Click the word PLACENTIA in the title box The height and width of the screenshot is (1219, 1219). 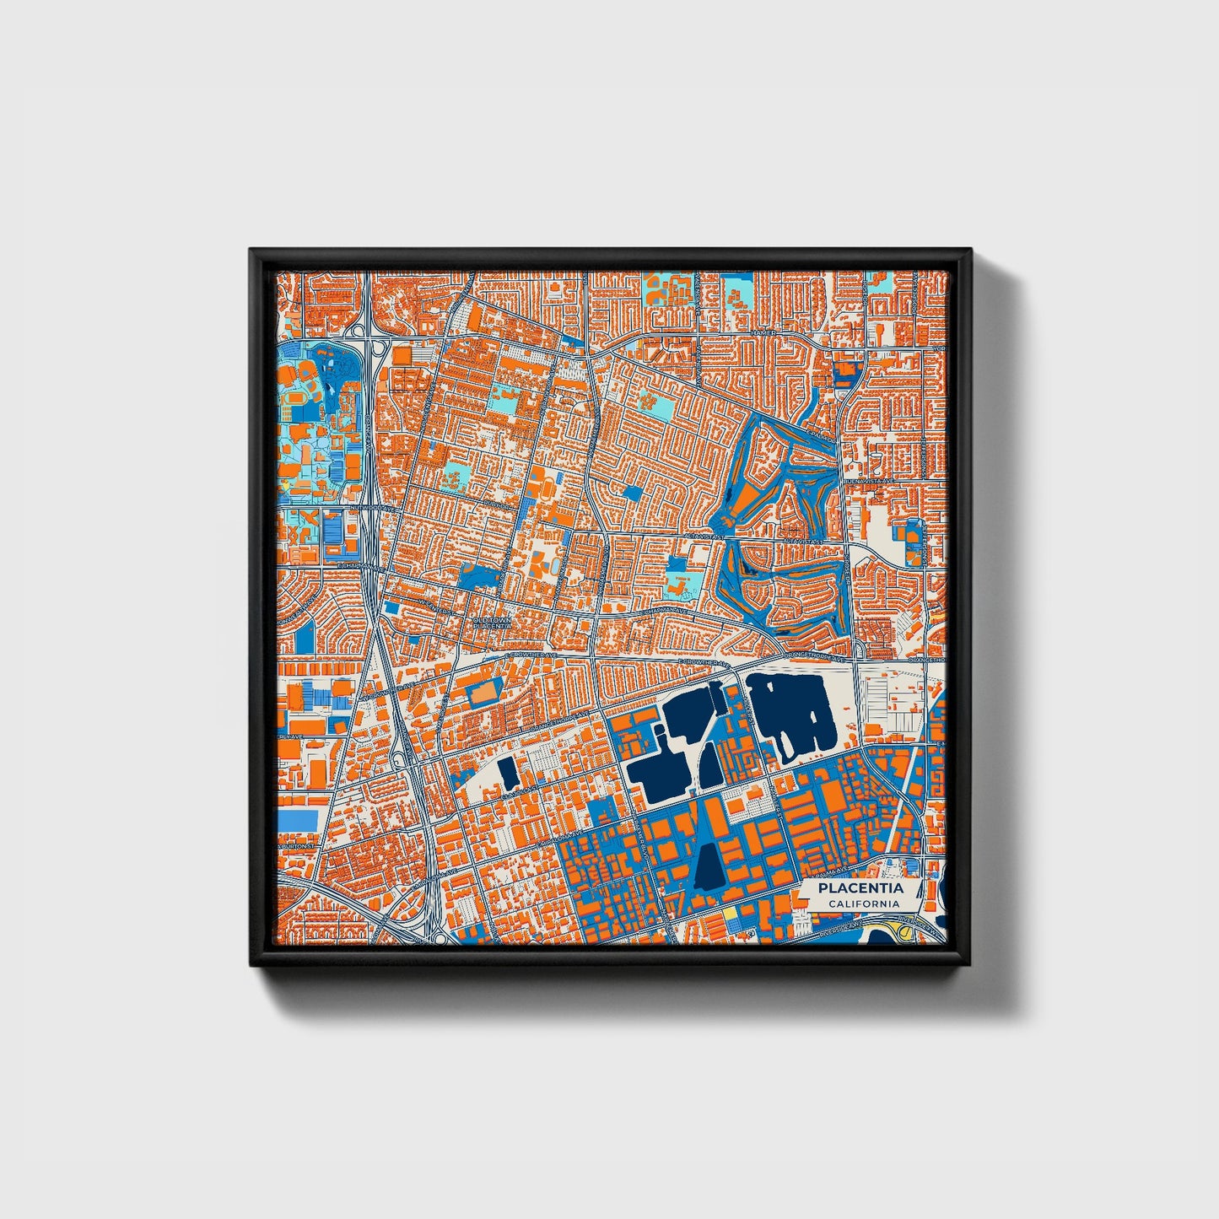861,888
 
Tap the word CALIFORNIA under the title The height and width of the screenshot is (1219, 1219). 862,904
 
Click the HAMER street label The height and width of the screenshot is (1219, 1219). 763,334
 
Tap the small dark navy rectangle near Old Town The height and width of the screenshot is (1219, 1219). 507,770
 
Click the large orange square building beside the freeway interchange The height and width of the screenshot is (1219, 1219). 402,356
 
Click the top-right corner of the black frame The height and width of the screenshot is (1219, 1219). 971,251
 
